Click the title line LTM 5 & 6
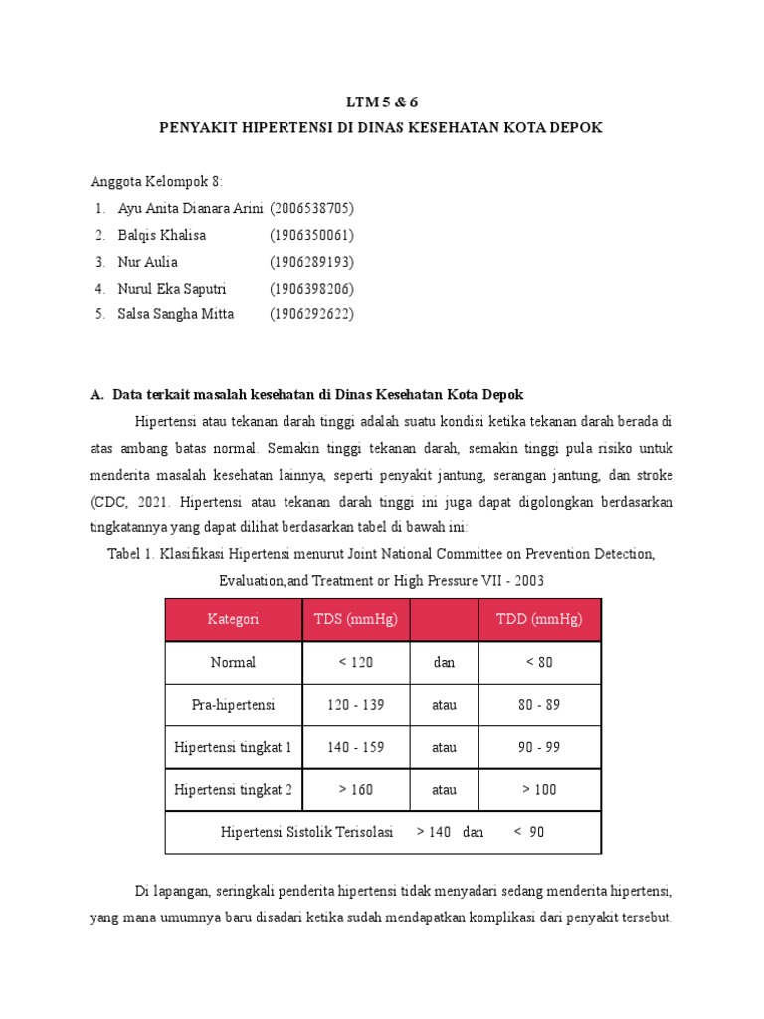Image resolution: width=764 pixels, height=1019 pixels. [381, 102]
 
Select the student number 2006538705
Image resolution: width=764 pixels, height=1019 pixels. [311, 208]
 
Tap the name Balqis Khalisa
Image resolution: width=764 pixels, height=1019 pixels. [163, 235]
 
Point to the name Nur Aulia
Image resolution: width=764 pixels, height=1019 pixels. [148, 262]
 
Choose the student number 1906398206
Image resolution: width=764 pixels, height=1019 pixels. [311, 289]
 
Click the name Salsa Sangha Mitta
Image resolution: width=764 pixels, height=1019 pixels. [176, 314]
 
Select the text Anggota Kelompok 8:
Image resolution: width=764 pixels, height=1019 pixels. [157, 181]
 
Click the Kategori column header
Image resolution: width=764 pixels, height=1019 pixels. [233, 619]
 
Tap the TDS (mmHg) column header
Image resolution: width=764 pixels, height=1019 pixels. [355, 619]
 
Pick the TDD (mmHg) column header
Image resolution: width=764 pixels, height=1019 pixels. [539, 619]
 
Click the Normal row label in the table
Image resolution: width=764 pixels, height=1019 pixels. [233, 662]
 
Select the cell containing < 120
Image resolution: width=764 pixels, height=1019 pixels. [355, 662]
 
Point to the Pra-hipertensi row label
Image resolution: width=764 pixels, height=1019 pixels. [233, 705]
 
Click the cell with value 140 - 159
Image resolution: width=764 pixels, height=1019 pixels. [355, 747]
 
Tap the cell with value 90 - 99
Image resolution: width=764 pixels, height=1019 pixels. [539, 747]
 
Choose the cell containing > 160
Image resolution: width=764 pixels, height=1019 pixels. [355, 790]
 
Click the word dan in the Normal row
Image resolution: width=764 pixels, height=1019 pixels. [444, 662]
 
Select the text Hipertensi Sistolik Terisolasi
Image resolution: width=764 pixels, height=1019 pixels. [306, 832]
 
